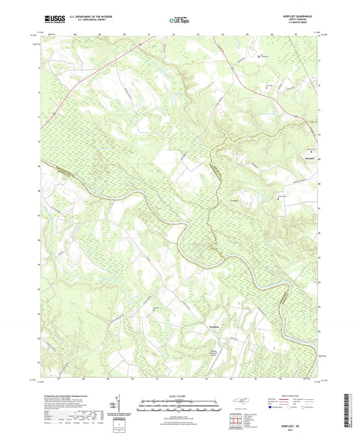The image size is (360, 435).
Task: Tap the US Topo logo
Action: pos(179,21)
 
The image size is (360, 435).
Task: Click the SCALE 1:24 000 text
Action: pos(179,396)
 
